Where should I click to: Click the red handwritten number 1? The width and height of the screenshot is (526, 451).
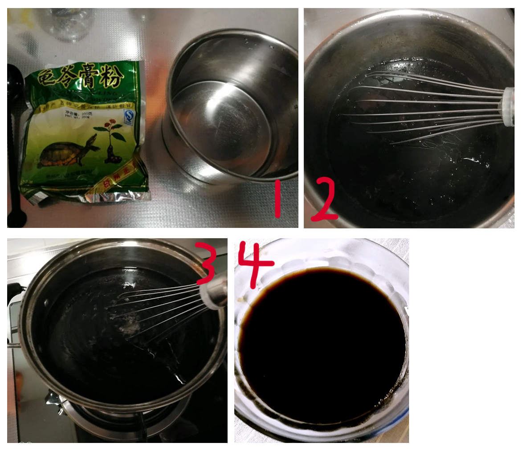[277, 199]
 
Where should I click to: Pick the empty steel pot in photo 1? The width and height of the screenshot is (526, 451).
[229, 107]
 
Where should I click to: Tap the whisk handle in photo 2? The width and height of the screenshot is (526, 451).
[508, 107]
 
